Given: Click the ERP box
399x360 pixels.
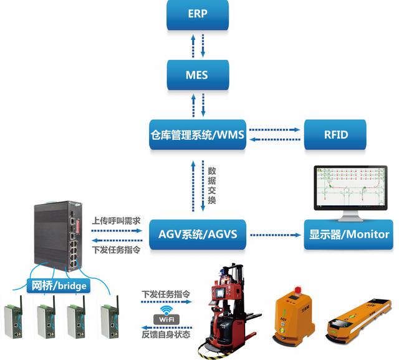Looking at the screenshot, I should (x=197, y=15).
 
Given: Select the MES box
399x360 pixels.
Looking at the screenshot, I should (x=197, y=75).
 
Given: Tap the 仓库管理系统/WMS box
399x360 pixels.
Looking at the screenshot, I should (x=198, y=134).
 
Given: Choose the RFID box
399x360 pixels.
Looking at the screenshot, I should (x=335, y=134).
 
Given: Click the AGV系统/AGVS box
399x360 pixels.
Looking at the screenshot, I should (x=198, y=235).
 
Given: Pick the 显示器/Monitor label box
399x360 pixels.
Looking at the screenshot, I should (x=349, y=235).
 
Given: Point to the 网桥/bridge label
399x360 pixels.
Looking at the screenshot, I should (x=60, y=286).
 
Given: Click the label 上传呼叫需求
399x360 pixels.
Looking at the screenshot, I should (x=116, y=221).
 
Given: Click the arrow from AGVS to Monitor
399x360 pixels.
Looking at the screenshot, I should (x=275, y=235).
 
